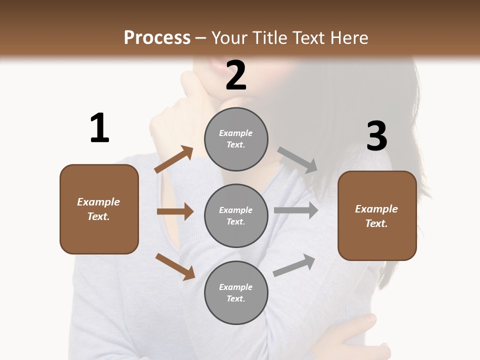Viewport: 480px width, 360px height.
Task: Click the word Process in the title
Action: tap(157, 38)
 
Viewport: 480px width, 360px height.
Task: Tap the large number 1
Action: tap(99, 128)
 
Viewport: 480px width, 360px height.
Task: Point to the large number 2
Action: tap(236, 75)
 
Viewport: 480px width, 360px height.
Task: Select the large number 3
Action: tap(376, 136)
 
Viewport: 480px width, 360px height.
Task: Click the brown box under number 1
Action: tap(99, 209)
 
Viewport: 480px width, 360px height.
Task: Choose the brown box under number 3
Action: tap(377, 215)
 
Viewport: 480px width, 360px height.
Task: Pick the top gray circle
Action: tap(236, 139)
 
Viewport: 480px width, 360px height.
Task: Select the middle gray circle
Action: tap(236, 215)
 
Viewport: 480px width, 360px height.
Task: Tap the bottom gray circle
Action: tap(236, 292)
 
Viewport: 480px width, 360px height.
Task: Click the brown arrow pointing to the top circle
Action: tap(173, 159)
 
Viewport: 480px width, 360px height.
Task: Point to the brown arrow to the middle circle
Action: tap(175, 211)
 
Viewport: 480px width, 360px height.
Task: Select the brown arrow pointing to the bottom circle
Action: tap(175, 266)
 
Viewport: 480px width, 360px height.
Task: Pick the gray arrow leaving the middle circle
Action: tap(296, 210)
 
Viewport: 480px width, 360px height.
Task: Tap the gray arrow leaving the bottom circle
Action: tap(294, 265)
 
